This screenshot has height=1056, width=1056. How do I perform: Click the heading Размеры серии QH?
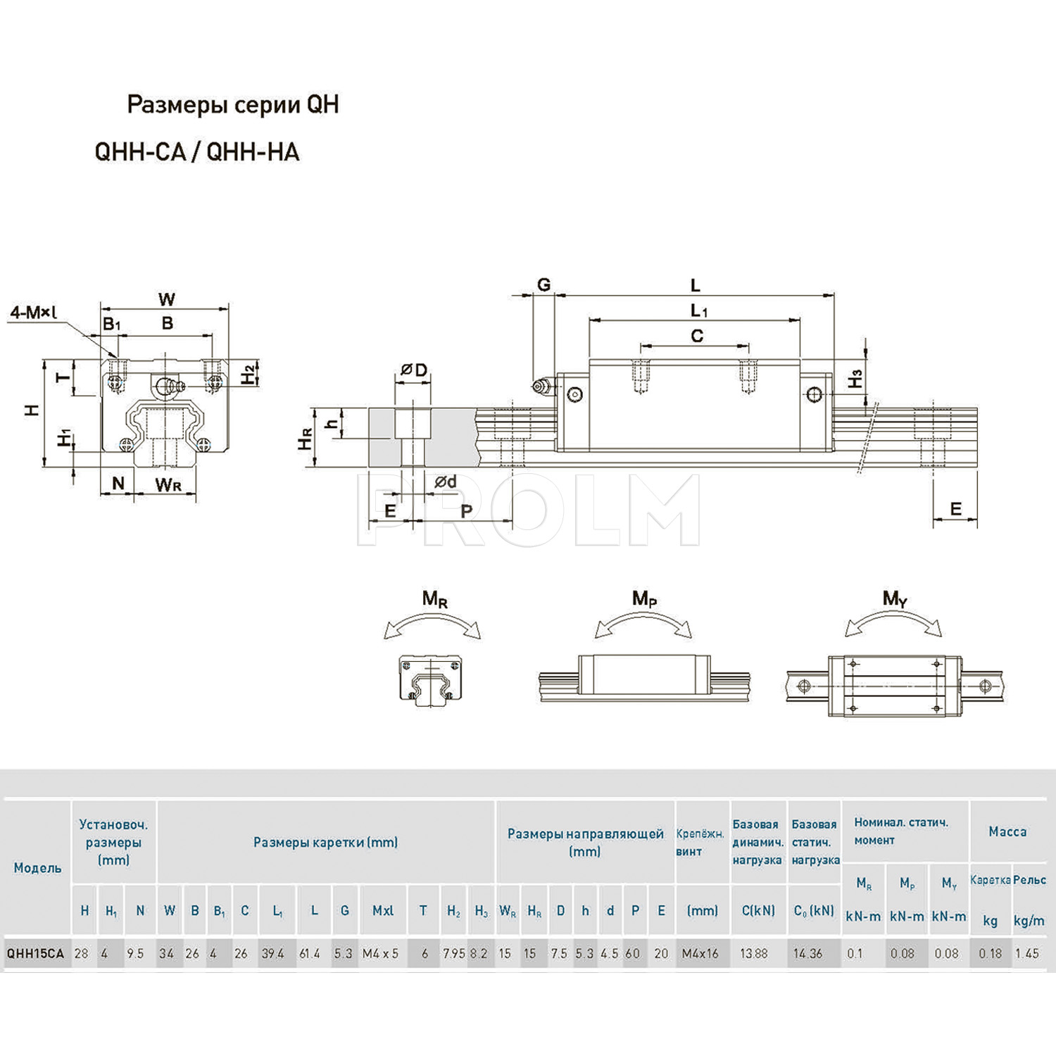(232, 104)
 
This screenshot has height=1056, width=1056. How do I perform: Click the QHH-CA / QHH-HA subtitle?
(197, 152)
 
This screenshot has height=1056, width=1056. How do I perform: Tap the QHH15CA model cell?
(35, 953)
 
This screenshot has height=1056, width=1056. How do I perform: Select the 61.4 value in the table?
(310, 953)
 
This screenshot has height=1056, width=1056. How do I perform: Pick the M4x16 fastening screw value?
(700, 953)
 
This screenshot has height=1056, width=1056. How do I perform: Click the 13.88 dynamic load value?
(754, 953)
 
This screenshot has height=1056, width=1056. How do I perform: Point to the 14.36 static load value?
(807, 953)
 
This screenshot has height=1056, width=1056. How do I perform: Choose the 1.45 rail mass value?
(1027, 953)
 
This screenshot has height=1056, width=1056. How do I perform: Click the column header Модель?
(37, 868)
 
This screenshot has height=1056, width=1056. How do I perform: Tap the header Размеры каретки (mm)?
(325, 842)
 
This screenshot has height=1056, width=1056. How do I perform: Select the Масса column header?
(1007, 831)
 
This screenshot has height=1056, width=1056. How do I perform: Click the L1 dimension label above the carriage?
(698, 310)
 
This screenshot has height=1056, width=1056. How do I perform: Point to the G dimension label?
(543, 284)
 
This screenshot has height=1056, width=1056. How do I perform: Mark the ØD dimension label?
(414, 370)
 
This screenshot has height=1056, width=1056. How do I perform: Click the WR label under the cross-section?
(168, 484)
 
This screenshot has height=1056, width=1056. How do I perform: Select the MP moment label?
(644, 598)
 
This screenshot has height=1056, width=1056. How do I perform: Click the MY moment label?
(895, 598)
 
